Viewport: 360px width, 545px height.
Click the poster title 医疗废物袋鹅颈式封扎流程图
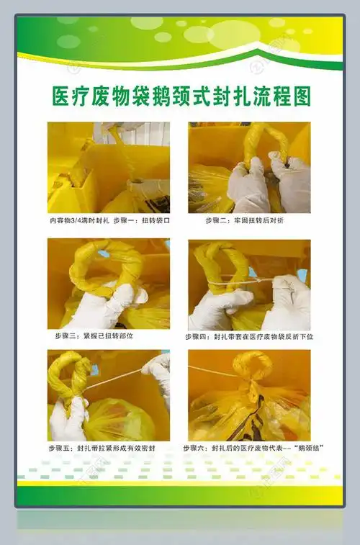[181, 97]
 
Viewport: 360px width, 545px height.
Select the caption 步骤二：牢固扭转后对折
[244, 220]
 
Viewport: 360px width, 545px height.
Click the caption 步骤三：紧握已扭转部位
[94, 335]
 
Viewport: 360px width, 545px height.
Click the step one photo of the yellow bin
[108, 167]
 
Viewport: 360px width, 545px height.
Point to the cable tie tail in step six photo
[209, 371]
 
